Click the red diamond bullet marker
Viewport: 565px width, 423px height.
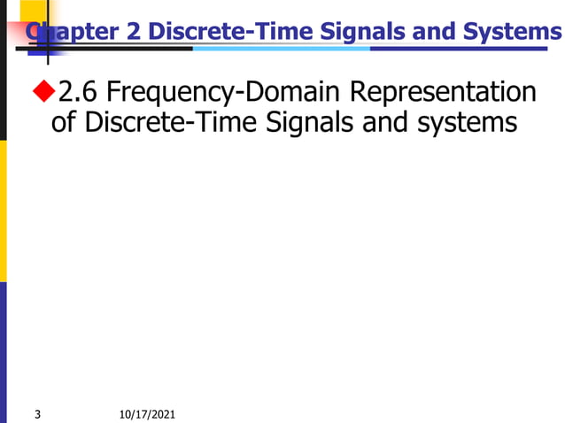click(43, 90)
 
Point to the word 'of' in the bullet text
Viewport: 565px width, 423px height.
click(64, 122)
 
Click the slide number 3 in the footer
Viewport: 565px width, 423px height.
click(36, 413)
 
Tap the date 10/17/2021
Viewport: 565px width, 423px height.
click(146, 413)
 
